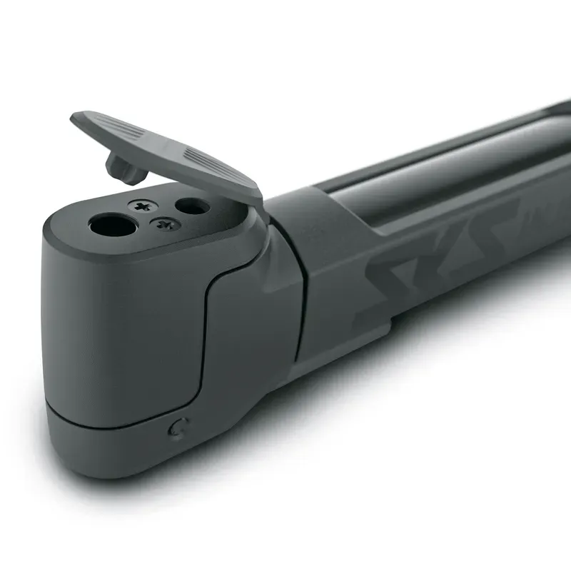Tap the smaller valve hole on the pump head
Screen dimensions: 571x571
192,207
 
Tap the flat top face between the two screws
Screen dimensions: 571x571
153,216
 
